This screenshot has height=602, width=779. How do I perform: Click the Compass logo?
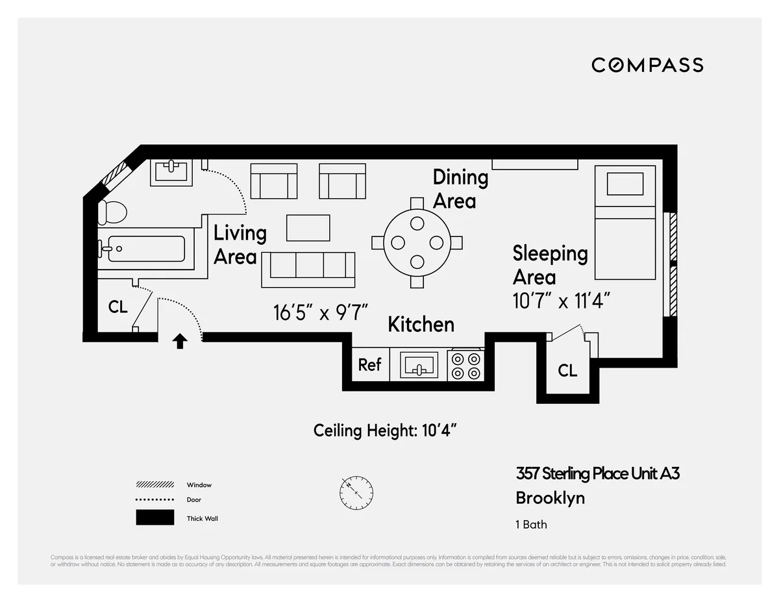tap(647, 65)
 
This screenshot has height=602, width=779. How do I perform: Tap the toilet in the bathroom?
tap(112, 212)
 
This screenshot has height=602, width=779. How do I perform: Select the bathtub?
tap(146, 249)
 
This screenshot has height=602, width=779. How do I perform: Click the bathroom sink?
tap(171, 172)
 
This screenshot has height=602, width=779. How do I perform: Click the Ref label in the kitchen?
tap(369, 365)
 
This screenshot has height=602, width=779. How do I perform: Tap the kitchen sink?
tap(419, 365)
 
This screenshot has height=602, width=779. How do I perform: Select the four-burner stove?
tap(466, 365)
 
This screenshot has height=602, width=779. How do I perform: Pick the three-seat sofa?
tap(308, 269)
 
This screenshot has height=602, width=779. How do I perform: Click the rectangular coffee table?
tap(308, 228)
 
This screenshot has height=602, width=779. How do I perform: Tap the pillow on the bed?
tap(624, 184)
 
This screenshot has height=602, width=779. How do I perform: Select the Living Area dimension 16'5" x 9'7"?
tap(321, 312)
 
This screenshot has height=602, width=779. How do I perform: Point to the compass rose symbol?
tap(356, 493)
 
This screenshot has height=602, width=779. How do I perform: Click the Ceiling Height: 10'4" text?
tap(389, 430)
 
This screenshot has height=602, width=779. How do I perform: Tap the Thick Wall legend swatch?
tap(155, 518)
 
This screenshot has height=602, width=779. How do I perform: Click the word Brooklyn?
tap(550, 498)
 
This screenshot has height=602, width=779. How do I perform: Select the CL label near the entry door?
tap(117, 307)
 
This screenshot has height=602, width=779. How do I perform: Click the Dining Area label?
tap(460, 189)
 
